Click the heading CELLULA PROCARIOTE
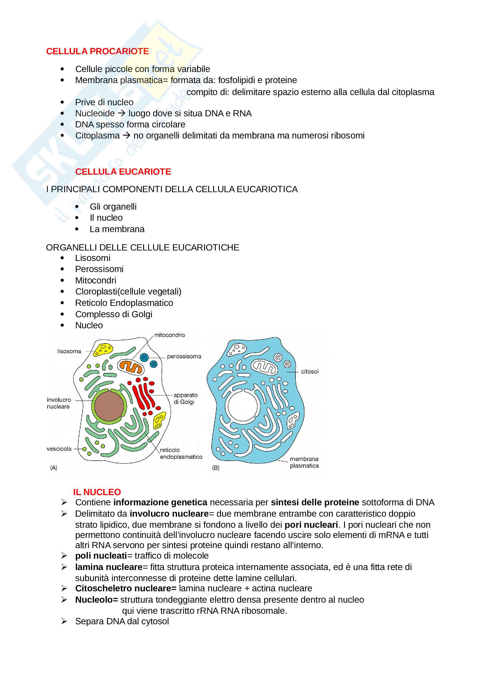pos(97,51)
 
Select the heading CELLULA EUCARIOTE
pos(123,172)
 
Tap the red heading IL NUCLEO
pos(97,492)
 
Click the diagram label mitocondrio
pos(169,335)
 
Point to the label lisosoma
pos(69,351)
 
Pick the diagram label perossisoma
pos(184,356)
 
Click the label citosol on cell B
pos(309,371)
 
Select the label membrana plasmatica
pos(304,462)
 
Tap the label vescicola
pos(59,449)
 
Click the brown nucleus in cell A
pos(109,406)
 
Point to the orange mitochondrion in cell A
pos(131,367)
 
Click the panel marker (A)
pos(54,468)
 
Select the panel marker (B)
pos(215,468)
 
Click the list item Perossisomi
pos(99,269)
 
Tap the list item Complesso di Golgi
pos(114,314)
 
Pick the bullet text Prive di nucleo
pos(104,102)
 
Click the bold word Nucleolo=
pos(97,600)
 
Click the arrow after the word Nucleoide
pos(122,113)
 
